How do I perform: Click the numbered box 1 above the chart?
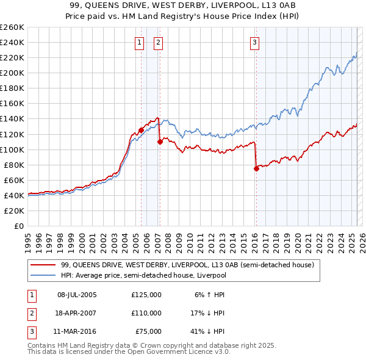(x=140, y=42)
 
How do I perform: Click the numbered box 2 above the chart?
(x=158, y=42)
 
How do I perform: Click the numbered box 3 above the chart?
(x=254, y=42)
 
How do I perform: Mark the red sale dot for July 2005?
(x=141, y=130)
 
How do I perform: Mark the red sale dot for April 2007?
(x=160, y=142)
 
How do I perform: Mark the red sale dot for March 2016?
(x=256, y=168)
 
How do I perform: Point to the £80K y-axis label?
(x=14, y=165)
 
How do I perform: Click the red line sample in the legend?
(x=42, y=265)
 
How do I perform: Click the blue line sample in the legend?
(x=42, y=275)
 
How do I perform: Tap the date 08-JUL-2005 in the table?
(x=77, y=295)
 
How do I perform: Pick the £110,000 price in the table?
(x=146, y=313)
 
